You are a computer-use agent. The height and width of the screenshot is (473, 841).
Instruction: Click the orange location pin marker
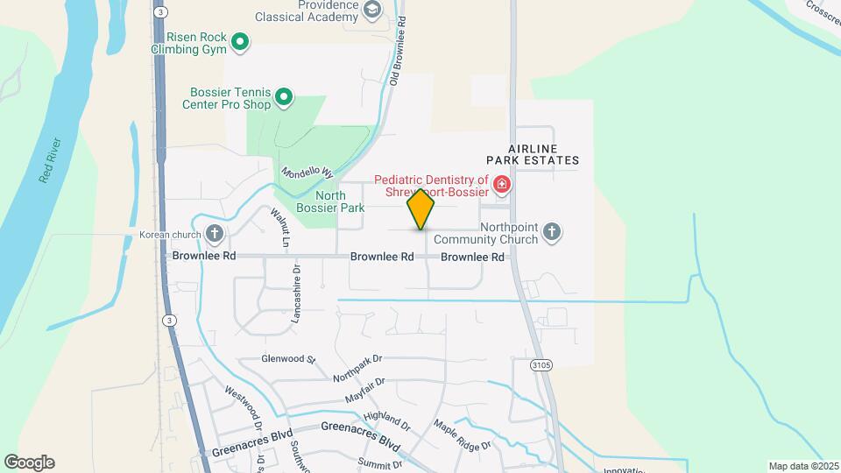pyautogui.click(x=420, y=208)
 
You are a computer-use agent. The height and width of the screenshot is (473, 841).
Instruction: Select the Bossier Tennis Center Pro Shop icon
pyautogui.click(x=284, y=97)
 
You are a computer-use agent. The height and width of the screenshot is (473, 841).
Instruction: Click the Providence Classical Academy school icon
pyautogui.click(x=372, y=11)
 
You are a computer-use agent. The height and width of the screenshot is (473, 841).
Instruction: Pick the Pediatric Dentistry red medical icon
pyautogui.click(x=501, y=184)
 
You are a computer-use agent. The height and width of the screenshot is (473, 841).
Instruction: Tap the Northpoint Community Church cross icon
pyautogui.click(x=551, y=232)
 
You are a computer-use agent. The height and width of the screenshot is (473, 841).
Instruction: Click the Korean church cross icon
pyautogui.click(x=215, y=233)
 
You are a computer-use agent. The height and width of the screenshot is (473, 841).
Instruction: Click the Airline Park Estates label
pyautogui.click(x=534, y=154)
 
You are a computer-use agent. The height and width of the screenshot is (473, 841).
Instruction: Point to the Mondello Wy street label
pyautogui.click(x=307, y=166)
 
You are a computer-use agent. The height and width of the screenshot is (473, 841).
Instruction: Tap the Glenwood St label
pyautogui.click(x=287, y=359)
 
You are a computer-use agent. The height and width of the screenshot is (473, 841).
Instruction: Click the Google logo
pyautogui.click(x=29, y=462)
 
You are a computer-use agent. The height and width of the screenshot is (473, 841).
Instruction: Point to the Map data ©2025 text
pyautogui.click(x=802, y=466)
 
